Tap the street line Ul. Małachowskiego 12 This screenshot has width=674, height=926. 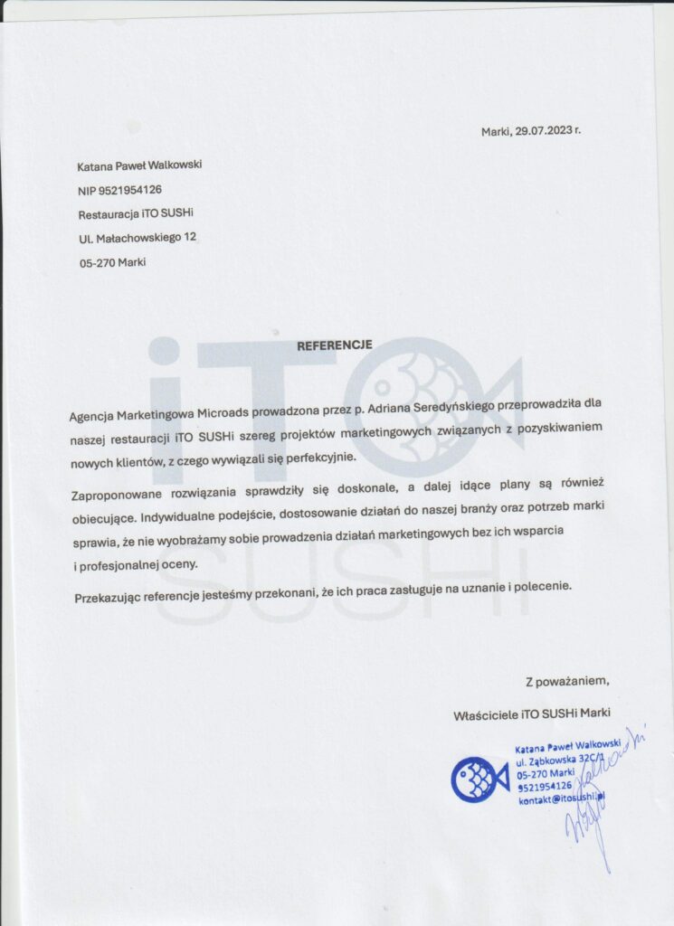click(x=138, y=238)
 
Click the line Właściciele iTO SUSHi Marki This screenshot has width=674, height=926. click(x=537, y=714)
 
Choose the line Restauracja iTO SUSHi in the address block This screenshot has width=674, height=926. click(x=137, y=213)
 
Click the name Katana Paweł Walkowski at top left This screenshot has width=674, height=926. click(x=140, y=165)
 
